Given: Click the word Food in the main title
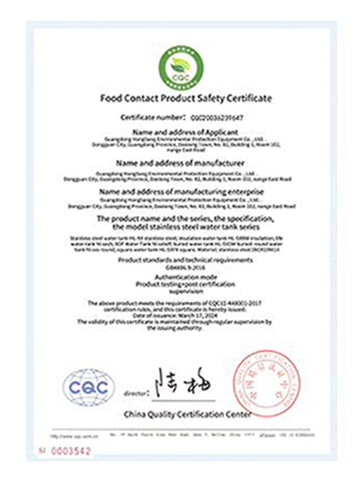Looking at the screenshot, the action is coord(113,98).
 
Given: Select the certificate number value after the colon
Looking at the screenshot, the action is coord(217,116).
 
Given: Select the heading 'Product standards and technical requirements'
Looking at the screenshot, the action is coord(180,259).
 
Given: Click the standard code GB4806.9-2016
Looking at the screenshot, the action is coord(180,266).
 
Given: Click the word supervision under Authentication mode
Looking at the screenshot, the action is coord(180,292).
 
